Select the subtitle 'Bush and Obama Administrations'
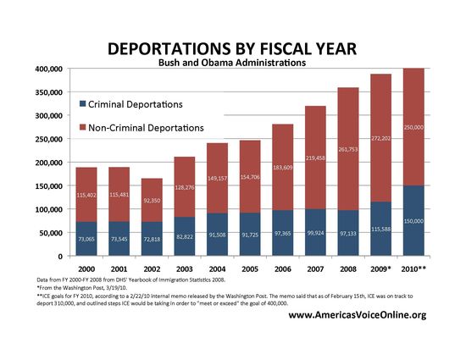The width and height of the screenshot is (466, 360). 232,62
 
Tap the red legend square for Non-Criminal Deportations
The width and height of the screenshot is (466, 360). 82,127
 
